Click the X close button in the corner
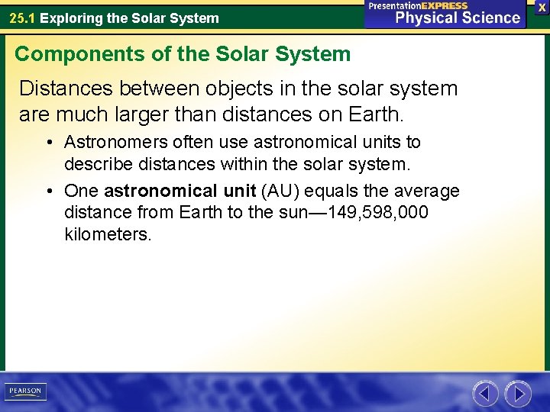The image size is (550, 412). pyautogui.click(x=542, y=6)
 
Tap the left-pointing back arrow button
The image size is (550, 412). pyautogui.click(x=485, y=394)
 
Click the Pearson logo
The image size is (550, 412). pyautogui.click(x=25, y=391)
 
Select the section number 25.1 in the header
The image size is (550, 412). pyautogui.click(x=22, y=18)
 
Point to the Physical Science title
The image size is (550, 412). pyautogui.click(x=458, y=18)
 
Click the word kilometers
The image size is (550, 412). pyautogui.click(x=108, y=234)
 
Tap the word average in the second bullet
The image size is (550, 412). pyautogui.click(x=426, y=191)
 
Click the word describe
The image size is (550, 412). pyautogui.click(x=98, y=163)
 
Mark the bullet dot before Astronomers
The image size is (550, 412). pyautogui.click(x=49, y=143)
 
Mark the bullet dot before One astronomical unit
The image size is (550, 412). pyautogui.click(x=49, y=192)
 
